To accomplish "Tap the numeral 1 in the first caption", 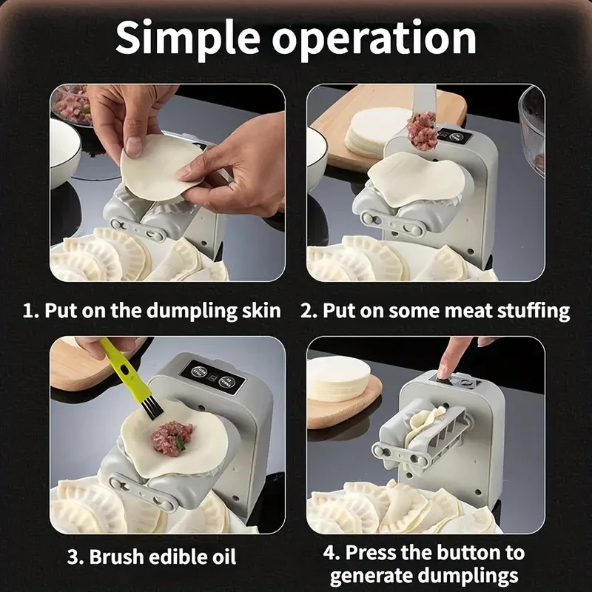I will pyautogui.click(x=28, y=310).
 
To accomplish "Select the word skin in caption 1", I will pyautogui.click(x=260, y=310).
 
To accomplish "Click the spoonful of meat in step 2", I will pyautogui.click(x=423, y=130).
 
